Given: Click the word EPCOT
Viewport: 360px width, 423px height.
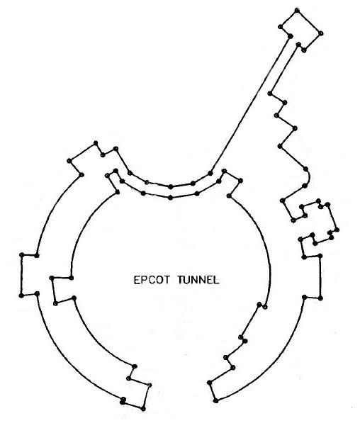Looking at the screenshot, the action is (152, 280).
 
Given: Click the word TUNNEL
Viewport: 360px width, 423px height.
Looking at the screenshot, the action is (198, 280).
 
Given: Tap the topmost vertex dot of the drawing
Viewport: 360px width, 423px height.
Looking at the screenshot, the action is (297, 10).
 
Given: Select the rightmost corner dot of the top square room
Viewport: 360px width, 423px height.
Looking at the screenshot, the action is (321, 33).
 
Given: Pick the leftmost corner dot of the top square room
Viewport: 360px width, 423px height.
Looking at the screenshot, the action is (281, 26).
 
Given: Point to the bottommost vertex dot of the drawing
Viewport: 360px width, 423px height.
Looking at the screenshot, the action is (143, 409).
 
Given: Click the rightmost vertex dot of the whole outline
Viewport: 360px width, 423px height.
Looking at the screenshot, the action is (337, 230).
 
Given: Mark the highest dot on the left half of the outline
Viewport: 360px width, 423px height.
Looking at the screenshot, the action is (95, 142).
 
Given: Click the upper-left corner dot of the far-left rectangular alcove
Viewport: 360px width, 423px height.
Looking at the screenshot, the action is (21, 254).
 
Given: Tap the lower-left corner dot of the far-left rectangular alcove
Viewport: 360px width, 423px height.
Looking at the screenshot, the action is (21, 295).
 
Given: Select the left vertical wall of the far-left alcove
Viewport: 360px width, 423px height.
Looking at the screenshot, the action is (21, 275).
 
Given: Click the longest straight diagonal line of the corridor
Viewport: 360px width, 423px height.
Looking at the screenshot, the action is (250, 104).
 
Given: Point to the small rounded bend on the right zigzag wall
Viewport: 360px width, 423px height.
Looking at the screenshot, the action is (308, 177).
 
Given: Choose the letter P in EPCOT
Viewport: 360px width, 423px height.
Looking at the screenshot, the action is (144, 280).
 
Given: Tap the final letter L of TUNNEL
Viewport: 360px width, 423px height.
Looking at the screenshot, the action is (215, 280).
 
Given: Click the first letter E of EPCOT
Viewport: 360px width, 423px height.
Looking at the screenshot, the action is (137, 280).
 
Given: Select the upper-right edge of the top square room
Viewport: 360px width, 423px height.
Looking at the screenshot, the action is (309, 22).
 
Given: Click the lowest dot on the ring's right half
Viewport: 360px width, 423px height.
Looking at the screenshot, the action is (215, 400).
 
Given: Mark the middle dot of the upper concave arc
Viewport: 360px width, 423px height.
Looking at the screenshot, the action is (170, 186).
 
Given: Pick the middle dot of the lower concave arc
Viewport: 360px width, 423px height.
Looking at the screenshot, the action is (170, 198).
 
